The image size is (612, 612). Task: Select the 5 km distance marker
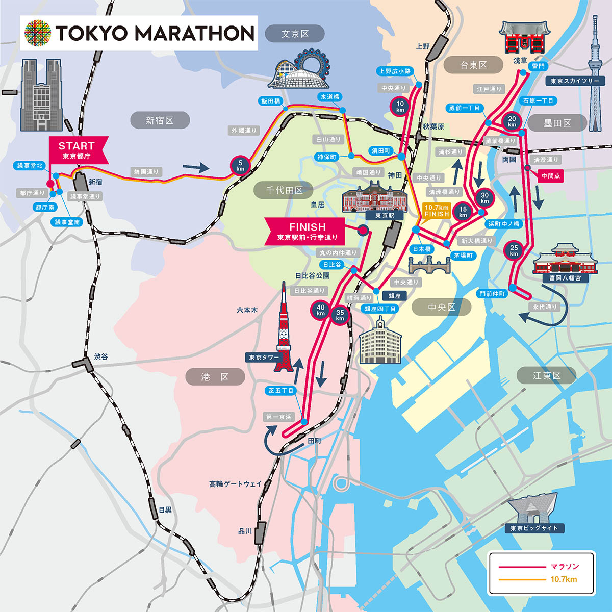pos(240,165)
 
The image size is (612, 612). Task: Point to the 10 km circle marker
pos(400,106)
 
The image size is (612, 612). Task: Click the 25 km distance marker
pos(514,250)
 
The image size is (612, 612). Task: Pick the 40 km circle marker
pos(320,310)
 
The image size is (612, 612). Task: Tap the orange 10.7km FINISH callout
pos(436,211)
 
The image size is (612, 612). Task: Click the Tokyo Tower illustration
pos(285,326)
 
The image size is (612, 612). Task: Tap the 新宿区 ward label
pos(160,120)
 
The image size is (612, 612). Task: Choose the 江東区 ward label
pos(546,376)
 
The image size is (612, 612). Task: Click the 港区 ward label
pos(215,377)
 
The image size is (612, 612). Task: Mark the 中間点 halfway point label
pos(551,176)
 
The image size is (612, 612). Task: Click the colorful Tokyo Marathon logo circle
pos(38,33)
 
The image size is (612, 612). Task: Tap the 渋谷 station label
pos(101,356)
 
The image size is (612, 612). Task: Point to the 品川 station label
pos(245,531)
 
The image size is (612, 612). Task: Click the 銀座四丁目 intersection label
pos(380,309)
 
